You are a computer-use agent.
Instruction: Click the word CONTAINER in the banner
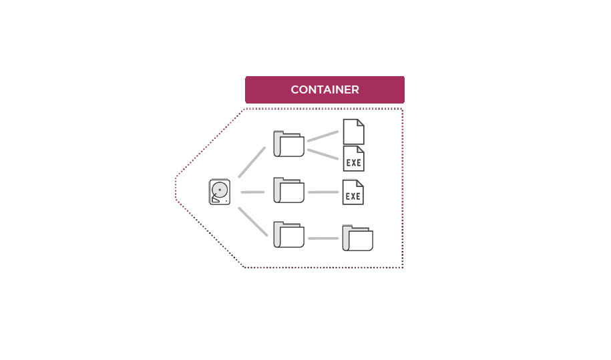[x=325, y=89]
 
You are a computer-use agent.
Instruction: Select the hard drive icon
[x=220, y=192]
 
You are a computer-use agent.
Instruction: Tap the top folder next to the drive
[x=289, y=144]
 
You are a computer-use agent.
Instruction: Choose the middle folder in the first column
[x=289, y=191]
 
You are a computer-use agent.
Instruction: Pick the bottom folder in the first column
[x=289, y=235]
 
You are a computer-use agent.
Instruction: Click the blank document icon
[x=353, y=132]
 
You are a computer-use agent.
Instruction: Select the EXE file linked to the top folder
[x=353, y=159]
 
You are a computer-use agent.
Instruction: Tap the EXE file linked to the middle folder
[x=353, y=193]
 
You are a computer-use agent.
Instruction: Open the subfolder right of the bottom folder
[x=357, y=238]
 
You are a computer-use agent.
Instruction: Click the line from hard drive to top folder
[x=252, y=162]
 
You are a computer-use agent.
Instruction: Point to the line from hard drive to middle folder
[x=252, y=192]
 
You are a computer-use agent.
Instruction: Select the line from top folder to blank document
[x=323, y=136]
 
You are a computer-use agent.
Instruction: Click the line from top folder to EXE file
[x=323, y=154]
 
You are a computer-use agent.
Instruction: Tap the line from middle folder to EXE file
[x=323, y=192]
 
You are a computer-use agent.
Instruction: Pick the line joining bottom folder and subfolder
[x=323, y=238]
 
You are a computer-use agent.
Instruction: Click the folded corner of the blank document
[x=361, y=122]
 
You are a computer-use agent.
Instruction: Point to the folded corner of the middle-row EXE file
[x=361, y=184]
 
